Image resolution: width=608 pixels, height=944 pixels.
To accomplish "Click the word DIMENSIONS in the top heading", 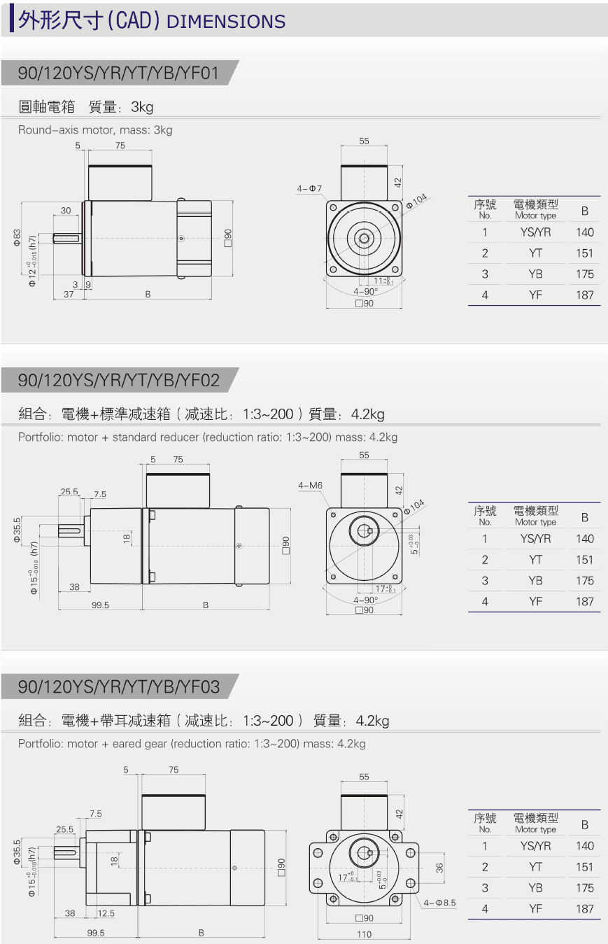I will (x=227, y=22).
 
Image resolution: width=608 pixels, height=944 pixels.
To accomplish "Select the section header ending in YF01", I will (x=119, y=73).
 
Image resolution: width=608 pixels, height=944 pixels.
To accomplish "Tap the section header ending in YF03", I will (x=119, y=687).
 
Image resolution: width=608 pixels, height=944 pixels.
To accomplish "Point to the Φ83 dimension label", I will (x=17, y=239).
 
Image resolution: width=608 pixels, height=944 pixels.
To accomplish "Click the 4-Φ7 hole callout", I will (x=309, y=189).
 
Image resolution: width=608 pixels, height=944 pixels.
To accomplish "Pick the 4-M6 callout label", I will (x=310, y=485).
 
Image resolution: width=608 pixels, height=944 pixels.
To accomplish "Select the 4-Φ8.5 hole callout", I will (x=439, y=903).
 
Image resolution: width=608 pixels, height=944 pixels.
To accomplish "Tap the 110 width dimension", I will (x=365, y=934).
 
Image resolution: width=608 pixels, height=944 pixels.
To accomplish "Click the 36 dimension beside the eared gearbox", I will (x=439, y=868).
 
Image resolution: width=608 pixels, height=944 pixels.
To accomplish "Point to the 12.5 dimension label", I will (x=106, y=913).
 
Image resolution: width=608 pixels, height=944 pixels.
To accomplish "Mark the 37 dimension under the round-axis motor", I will (x=68, y=295).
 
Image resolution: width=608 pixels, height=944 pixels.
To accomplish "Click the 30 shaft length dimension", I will (x=65, y=210).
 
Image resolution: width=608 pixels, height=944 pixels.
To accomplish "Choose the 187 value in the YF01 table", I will (x=585, y=295).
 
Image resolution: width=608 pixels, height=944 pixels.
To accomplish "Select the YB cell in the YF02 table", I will (x=535, y=580).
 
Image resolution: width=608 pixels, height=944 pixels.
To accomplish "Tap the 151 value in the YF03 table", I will (x=585, y=867).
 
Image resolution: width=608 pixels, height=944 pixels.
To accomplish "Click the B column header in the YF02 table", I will (x=585, y=517).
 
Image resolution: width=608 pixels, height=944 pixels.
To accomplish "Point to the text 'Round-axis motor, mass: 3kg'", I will (x=95, y=130).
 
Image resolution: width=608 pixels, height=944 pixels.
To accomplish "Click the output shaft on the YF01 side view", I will (x=67, y=238).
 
